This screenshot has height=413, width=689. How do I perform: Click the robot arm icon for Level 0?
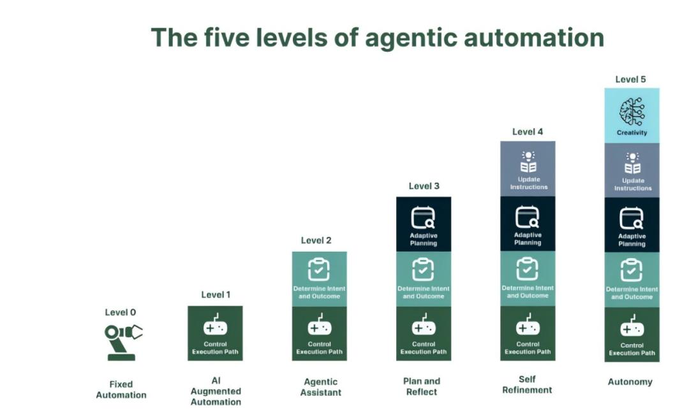[x=123, y=342]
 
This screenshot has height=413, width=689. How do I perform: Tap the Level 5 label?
[x=630, y=80]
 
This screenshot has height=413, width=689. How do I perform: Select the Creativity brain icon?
[x=632, y=112]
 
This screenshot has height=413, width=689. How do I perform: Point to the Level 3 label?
[x=424, y=186]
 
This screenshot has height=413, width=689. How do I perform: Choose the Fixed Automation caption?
[x=121, y=390]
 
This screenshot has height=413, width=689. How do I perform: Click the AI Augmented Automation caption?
[x=216, y=391]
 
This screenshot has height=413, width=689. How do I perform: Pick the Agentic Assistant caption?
[x=321, y=387]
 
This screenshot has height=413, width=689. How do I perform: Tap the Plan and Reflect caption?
[x=422, y=387]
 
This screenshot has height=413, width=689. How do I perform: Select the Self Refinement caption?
[x=528, y=384]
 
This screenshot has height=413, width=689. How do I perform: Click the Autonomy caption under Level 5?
[x=630, y=382]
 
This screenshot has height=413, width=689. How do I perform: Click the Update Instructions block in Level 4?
[x=528, y=169]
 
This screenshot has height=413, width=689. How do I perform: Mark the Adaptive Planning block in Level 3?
[x=424, y=224]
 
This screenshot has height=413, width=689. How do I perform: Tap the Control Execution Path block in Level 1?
[x=216, y=333]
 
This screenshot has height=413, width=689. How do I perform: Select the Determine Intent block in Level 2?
[x=320, y=279]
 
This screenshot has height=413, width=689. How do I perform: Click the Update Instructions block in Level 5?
[x=632, y=170]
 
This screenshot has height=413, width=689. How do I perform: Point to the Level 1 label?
[x=216, y=295]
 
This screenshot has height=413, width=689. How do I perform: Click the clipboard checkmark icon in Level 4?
[x=528, y=269]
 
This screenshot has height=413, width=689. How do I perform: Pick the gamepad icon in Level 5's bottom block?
[x=632, y=326]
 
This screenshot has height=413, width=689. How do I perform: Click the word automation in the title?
[x=534, y=38]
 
